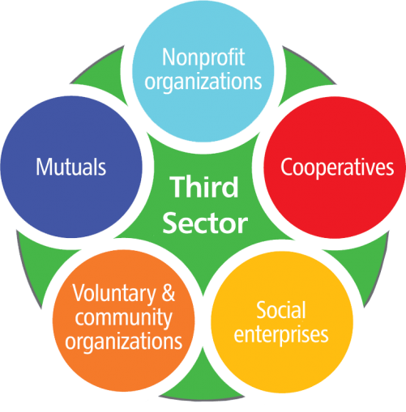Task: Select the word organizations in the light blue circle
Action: click(203, 83)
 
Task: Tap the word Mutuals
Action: click(71, 167)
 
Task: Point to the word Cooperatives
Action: click(337, 168)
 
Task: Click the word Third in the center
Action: click(203, 187)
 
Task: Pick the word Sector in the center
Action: click(205, 223)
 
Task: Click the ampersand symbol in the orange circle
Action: click(169, 293)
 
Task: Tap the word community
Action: click(124, 318)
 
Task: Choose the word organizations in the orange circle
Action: click(123, 342)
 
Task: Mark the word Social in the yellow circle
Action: click(281, 310)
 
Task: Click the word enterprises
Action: click(281, 336)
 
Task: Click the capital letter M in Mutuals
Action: click(44, 167)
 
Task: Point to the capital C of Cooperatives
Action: click(286, 168)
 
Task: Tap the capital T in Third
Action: click(177, 187)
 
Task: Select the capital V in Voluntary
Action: click(79, 293)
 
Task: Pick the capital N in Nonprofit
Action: click(169, 57)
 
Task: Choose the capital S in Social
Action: click(262, 310)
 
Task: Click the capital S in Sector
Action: click(170, 223)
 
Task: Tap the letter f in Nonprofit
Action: click(232, 57)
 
